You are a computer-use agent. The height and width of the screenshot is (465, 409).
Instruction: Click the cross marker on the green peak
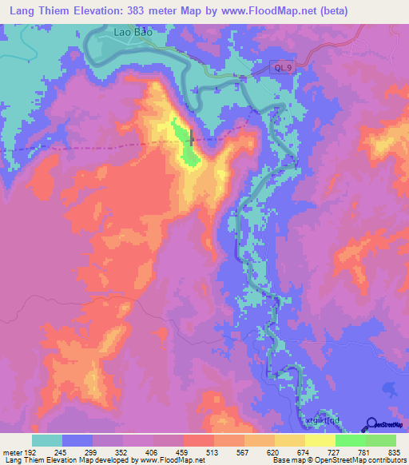point(192,137)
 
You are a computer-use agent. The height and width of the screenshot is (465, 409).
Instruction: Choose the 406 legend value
point(153,451)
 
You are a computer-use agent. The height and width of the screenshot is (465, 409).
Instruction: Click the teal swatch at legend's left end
point(47,440)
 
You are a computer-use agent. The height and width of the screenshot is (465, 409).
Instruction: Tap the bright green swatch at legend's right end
point(381,440)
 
